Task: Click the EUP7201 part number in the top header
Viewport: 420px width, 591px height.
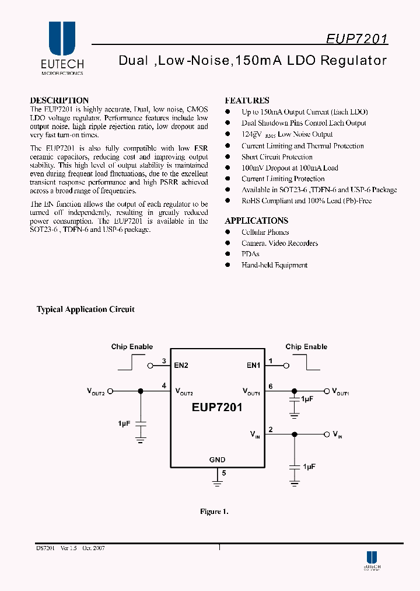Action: click(x=356, y=39)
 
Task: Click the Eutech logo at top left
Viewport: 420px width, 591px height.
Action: click(x=62, y=48)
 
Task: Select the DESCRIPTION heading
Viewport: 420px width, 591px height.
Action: click(x=59, y=100)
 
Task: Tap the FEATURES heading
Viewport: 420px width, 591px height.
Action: click(x=247, y=100)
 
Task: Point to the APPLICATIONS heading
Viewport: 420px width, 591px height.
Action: click(x=256, y=221)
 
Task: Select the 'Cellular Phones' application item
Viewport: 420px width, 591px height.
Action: click(x=265, y=232)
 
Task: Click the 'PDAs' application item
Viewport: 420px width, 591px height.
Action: click(x=250, y=254)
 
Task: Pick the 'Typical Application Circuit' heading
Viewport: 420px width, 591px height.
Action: click(x=85, y=310)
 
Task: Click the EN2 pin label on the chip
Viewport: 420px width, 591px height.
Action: click(x=181, y=366)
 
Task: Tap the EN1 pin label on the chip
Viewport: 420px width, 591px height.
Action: click(x=253, y=366)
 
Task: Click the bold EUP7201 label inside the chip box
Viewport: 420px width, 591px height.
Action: click(x=217, y=408)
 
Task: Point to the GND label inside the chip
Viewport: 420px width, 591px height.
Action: click(x=217, y=460)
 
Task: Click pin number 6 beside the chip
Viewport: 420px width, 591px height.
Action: click(x=271, y=386)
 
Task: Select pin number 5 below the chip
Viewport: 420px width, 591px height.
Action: click(x=223, y=473)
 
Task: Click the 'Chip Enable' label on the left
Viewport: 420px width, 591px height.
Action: click(x=132, y=347)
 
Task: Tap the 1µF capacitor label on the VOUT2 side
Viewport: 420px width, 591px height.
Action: click(x=124, y=423)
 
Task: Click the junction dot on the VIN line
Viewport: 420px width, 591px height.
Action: click(x=295, y=434)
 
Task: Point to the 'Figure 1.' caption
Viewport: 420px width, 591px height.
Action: click(x=214, y=512)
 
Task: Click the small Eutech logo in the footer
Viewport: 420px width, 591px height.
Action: click(x=372, y=561)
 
